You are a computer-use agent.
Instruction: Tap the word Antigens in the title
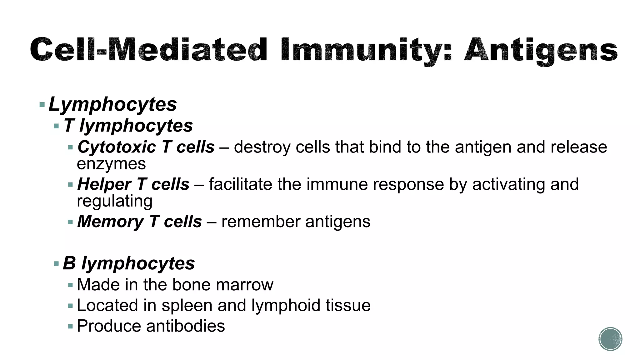541,50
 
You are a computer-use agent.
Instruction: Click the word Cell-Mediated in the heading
149,50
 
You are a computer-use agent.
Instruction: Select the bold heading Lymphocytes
112,104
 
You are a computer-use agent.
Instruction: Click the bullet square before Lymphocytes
42,105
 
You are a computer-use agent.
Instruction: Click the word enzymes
111,164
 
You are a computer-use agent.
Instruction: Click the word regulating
114,201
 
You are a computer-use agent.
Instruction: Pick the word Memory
110,222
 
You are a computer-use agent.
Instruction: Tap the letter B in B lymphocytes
69,263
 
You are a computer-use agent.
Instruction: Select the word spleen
187,306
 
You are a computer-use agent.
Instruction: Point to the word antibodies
185,326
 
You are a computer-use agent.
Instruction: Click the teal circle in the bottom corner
610,339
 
